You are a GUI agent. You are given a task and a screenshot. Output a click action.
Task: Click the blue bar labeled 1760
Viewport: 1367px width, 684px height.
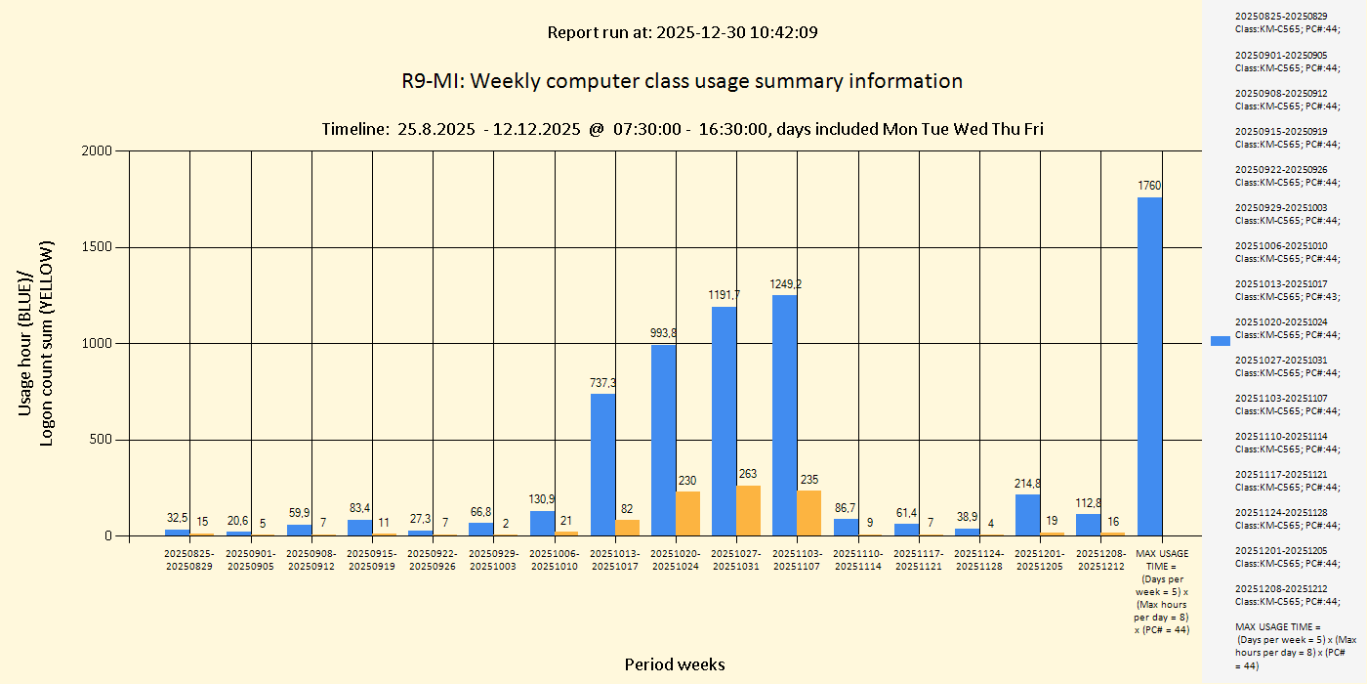1149,366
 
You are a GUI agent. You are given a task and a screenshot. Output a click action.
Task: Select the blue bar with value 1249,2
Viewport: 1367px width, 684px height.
784,415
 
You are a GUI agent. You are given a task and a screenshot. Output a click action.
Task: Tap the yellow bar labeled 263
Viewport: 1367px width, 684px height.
748,511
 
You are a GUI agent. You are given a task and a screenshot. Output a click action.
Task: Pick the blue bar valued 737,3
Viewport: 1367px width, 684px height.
602,464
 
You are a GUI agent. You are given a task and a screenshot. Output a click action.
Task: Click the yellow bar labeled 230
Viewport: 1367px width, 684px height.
687,514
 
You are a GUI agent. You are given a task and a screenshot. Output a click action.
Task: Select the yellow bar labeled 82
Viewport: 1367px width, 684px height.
627,528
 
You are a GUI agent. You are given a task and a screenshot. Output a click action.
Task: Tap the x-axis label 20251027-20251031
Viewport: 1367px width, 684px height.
737,560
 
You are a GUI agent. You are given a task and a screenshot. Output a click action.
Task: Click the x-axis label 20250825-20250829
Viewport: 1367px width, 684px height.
190,560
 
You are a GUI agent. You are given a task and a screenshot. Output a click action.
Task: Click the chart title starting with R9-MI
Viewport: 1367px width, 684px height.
682,81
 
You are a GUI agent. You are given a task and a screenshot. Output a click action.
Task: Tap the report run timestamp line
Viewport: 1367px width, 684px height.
682,32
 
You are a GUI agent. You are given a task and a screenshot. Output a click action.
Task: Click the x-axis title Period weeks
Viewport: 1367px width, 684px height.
675,664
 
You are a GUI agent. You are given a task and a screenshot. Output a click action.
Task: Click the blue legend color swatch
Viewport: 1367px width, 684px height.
1220,340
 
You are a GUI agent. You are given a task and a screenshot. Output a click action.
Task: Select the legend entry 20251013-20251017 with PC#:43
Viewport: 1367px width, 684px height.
1287,290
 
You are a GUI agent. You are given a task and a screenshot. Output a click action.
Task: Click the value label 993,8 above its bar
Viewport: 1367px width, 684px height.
663,333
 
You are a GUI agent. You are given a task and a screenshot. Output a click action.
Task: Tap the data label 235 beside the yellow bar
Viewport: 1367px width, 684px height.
808,480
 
